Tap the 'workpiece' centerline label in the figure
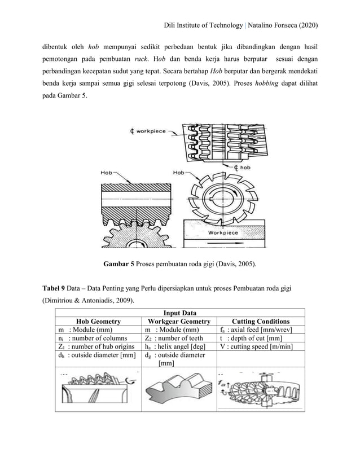click(148, 131)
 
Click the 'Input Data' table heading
click(179, 312)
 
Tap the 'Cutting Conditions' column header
click(261, 320)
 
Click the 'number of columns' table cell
click(93, 338)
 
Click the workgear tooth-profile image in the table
click(178, 390)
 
